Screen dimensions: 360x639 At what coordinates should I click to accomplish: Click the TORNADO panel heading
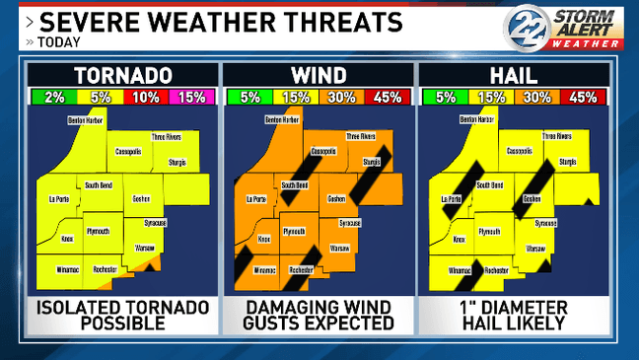(123, 76)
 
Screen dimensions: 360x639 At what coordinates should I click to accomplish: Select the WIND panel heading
(319, 76)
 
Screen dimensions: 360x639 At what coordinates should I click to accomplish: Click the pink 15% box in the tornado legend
(191, 97)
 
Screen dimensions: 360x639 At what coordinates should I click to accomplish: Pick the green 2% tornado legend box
(54, 97)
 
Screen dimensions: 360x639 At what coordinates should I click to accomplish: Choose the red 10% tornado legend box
(146, 97)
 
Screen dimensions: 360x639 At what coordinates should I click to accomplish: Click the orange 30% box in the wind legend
(341, 97)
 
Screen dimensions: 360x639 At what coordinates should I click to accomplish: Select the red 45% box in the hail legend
(583, 97)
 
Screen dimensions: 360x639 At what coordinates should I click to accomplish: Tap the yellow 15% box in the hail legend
(490, 97)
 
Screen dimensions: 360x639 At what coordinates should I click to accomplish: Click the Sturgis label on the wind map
(371, 161)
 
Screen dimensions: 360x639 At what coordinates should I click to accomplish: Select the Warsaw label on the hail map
(536, 248)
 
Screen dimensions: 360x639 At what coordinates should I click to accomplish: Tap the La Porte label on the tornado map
(58, 199)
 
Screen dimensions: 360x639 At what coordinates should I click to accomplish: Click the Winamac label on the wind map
(264, 269)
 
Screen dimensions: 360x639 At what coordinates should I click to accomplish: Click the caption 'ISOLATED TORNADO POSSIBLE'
(123, 314)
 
